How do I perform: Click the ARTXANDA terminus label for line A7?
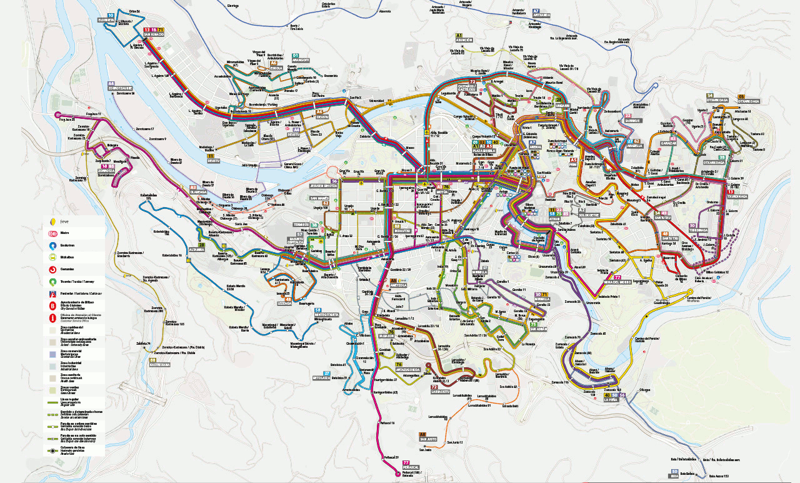(541, 16)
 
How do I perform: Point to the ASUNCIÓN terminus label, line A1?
(464, 40)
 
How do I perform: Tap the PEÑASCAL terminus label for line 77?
(411, 468)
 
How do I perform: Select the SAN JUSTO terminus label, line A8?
(427, 440)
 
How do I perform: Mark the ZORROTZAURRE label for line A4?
(120, 88)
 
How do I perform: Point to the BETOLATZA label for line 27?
(321, 378)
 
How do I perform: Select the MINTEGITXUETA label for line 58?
(326, 315)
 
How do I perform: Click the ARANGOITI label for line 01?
(301, 60)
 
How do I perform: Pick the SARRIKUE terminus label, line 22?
(632, 120)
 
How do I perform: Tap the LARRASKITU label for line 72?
(440, 392)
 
